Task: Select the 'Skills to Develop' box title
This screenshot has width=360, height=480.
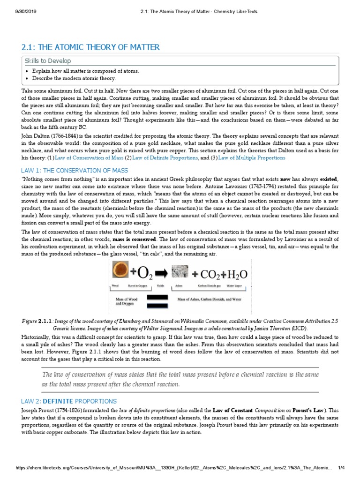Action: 49,61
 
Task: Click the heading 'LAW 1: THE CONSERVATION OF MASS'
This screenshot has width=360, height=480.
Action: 75,170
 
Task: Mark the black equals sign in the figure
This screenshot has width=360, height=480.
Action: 159,300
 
